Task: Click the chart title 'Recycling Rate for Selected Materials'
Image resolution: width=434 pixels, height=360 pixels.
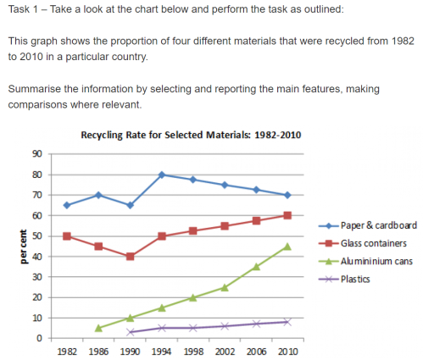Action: coord(190,135)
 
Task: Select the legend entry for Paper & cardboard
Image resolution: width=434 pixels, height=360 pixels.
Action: coord(377,225)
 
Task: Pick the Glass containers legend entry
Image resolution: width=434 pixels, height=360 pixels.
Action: coord(373,243)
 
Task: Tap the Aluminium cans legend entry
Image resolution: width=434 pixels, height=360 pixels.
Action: coord(376,261)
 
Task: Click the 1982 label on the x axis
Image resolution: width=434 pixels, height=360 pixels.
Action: coord(67,351)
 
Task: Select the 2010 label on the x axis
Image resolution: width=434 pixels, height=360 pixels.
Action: coord(287,351)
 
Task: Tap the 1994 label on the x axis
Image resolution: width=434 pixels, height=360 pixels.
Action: coord(161,351)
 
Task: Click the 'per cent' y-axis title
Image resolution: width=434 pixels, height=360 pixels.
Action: coord(18,246)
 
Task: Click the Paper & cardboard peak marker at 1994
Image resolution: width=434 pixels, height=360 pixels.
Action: coord(161,174)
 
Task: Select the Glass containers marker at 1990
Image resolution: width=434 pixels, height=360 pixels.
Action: coord(130,257)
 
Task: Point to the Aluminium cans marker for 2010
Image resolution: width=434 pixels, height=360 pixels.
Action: coord(287,246)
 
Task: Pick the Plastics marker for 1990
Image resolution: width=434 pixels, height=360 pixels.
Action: coord(130,332)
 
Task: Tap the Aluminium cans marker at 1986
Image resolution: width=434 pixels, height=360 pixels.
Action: coord(98,328)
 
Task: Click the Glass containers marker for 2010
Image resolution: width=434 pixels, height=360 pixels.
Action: coord(287,215)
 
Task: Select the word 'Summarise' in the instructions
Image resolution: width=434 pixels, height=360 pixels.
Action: coord(35,89)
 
